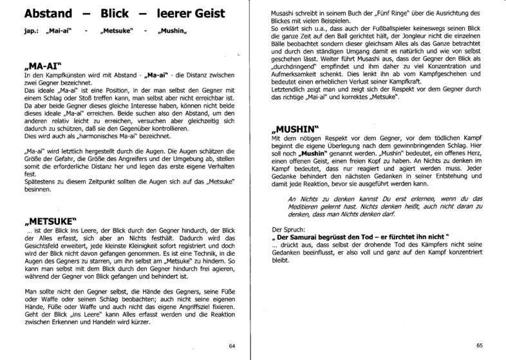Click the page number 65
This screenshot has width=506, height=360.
[x=480, y=346]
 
